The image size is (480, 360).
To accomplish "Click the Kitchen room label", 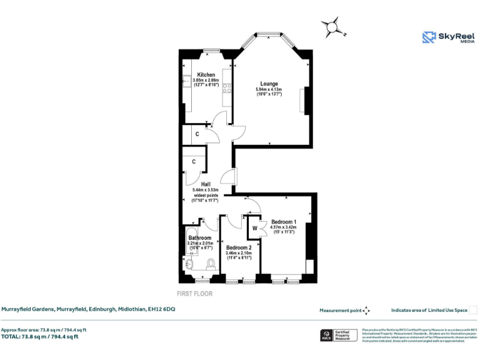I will point(206,75).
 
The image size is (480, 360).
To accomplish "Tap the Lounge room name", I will point(269,84).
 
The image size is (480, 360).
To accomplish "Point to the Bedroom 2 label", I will point(239,247).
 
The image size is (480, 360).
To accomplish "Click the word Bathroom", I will point(200,238).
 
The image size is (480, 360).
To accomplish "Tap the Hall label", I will point(205,184).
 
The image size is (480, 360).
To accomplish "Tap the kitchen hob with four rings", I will point(227,88).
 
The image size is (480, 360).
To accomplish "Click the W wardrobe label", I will point(254,229).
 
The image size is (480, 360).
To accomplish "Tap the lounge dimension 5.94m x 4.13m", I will point(269,90).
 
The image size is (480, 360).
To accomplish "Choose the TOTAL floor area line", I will point(40,337).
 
